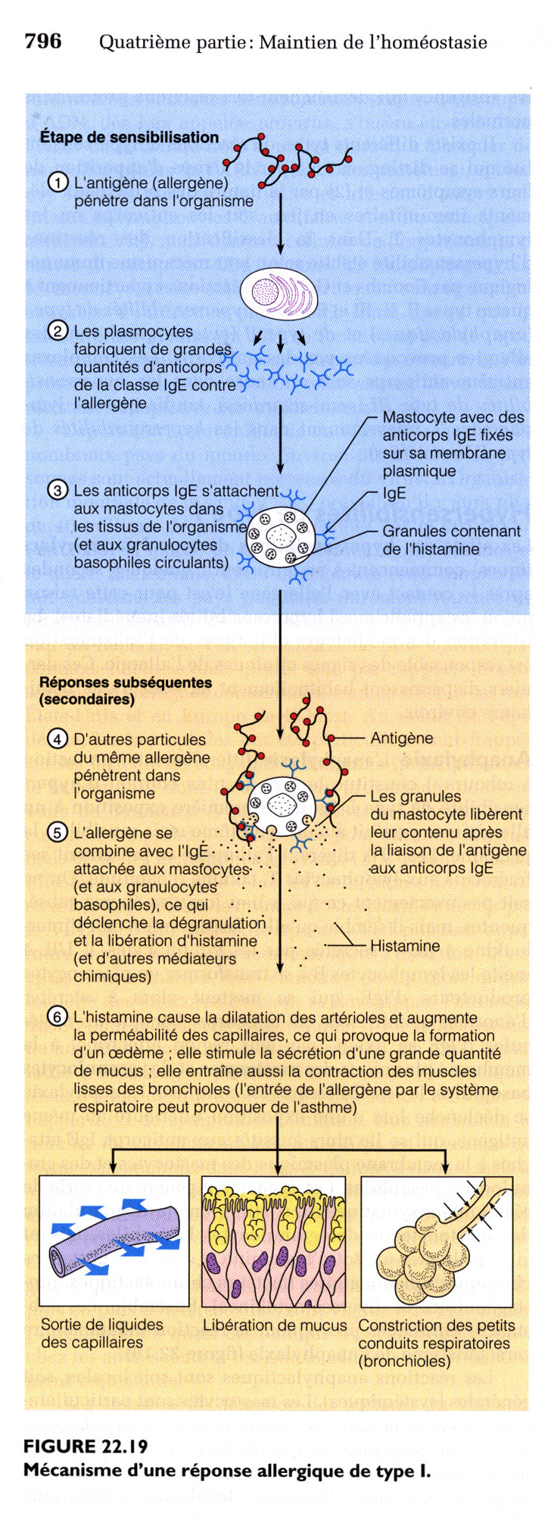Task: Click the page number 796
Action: (x=42, y=41)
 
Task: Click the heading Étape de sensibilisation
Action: (x=129, y=137)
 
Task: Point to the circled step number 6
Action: (x=58, y=1017)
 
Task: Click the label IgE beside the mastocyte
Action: (x=394, y=493)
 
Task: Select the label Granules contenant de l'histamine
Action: (x=451, y=540)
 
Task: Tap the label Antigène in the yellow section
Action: (x=401, y=738)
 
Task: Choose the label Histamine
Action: (x=404, y=946)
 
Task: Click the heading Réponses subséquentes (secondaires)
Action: (x=125, y=690)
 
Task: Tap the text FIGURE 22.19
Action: (x=86, y=1446)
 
